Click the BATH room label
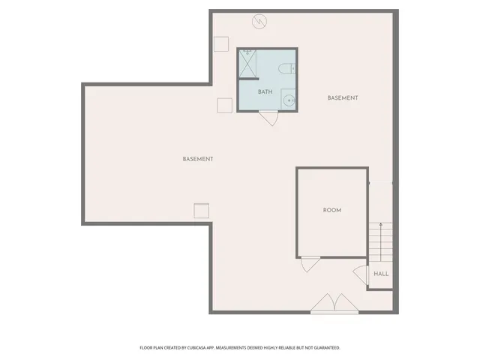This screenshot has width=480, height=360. [265, 92]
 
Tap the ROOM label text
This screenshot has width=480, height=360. [331, 210]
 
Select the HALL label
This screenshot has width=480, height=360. [381, 274]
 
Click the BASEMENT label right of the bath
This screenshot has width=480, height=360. [343, 98]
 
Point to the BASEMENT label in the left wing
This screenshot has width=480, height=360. [198, 159]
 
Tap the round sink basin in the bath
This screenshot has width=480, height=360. [288, 98]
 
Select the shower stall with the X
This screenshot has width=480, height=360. [248, 63]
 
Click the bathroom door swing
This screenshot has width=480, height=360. [268, 118]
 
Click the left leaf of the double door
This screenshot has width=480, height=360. [323, 304]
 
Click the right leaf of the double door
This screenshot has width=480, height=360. [345, 304]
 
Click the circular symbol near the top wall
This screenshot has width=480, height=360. [260, 21]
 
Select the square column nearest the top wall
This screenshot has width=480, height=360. [220, 43]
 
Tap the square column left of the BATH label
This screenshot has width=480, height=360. [224, 105]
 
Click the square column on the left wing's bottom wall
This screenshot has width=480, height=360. [201, 212]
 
